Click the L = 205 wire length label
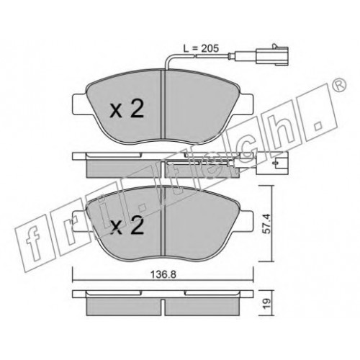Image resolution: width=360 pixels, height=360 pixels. tap(201, 49)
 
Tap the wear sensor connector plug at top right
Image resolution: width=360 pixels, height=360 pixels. tap(272, 55)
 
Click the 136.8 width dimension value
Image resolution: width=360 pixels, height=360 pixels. tap(163, 274)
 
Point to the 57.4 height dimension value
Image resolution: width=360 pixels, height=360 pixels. tap(266, 224)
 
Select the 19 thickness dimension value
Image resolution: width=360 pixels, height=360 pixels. tap(266, 303)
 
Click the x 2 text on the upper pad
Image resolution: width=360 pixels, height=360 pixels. tap(127, 109)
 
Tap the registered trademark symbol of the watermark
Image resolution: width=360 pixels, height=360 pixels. tap(338, 85)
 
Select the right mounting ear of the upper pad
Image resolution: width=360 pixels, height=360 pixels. tap(246, 104)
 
